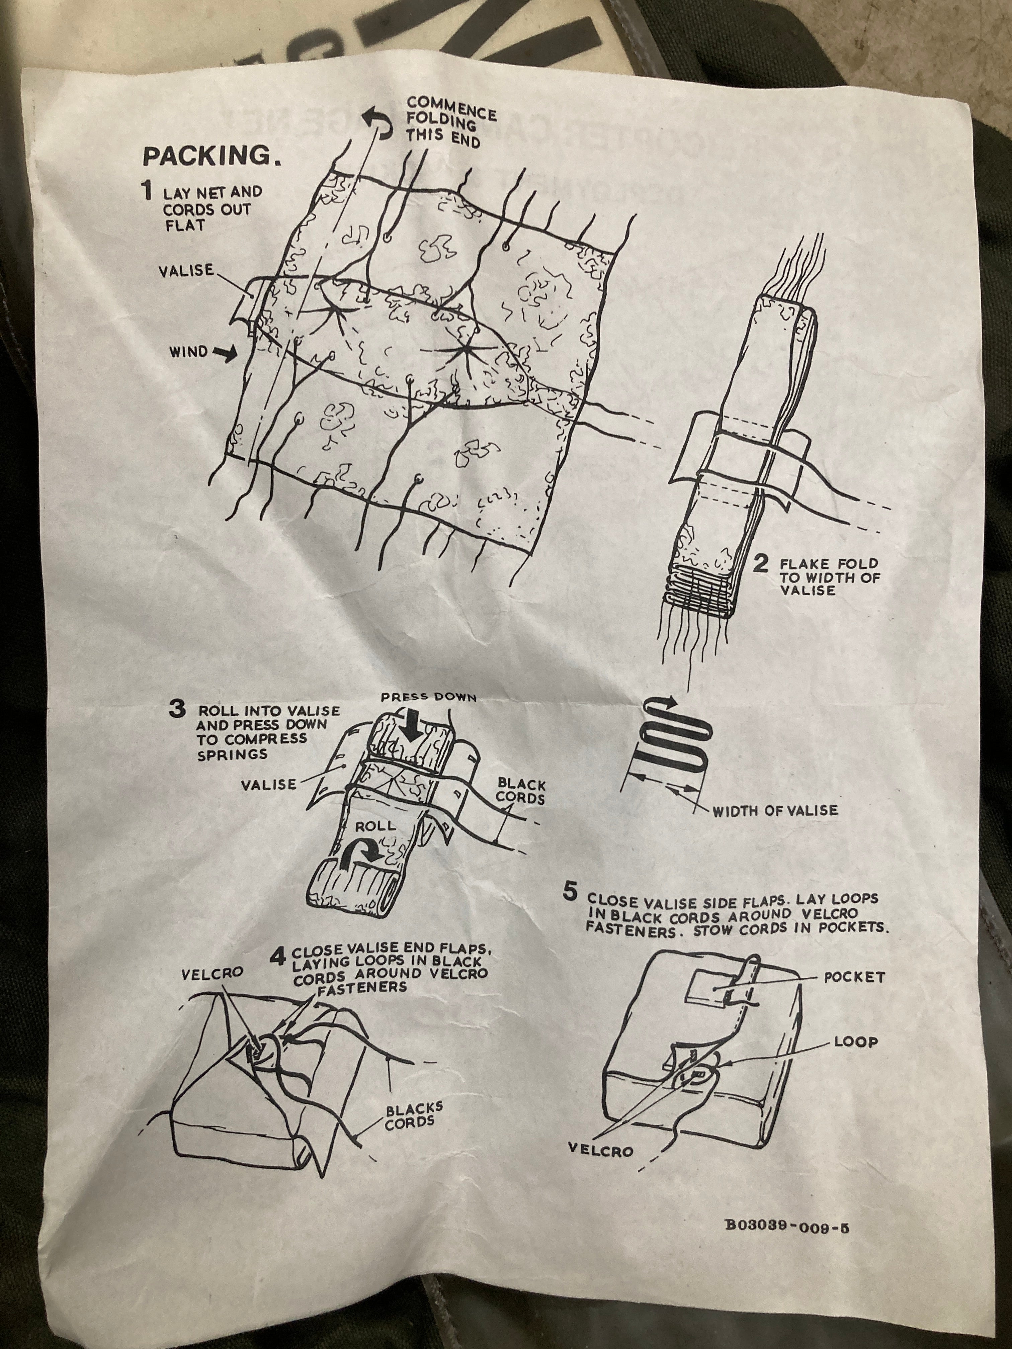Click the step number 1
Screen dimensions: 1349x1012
tap(147, 191)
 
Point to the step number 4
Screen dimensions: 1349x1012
tap(277, 956)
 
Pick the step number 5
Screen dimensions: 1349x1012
tap(569, 892)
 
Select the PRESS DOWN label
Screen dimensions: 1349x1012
tap(428, 697)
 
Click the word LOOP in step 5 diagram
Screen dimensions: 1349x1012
tap(855, 1042)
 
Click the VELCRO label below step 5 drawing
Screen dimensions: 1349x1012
tap(600, 1150)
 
